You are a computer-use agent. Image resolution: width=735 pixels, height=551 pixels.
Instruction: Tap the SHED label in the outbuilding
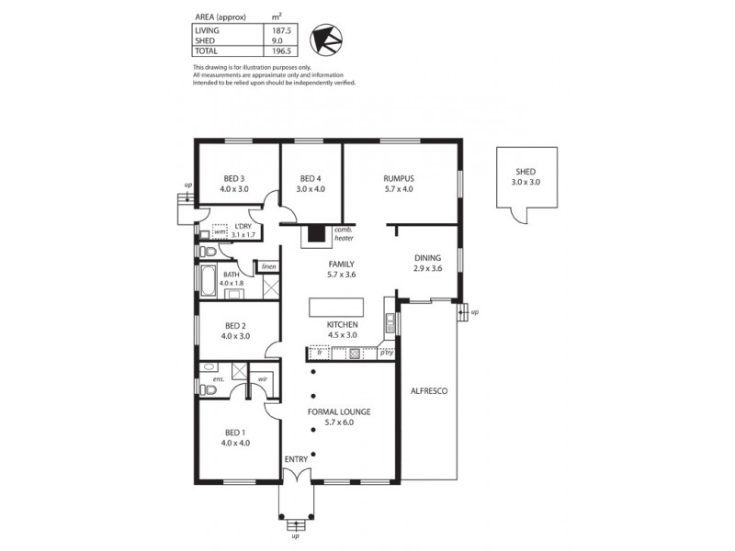click(x=526, y=172)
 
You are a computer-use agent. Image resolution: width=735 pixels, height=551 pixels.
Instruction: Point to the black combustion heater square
click(x=317, y=234)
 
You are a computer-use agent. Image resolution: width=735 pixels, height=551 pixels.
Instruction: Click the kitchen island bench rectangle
click(x=335, y=306)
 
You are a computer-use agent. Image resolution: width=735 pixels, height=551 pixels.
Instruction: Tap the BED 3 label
click(x=234, y=178)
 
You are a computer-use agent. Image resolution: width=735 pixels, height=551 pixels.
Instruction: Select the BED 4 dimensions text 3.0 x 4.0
click(x=311, y=189)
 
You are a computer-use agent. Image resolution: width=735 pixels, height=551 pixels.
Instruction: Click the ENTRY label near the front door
click(x=296, y=458)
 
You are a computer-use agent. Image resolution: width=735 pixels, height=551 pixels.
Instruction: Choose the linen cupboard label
click(x=268, y=266)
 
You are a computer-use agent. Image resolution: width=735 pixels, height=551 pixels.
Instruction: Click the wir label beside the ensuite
click(x=263, y=377)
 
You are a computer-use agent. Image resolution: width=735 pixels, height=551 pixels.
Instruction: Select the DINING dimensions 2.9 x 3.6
click(x=428, y=269)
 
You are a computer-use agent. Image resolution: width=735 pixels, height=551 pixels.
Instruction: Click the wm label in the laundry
click(x=220, y=233)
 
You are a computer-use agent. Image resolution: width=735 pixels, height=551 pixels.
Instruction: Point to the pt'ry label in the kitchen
click(x=386, y=352)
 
